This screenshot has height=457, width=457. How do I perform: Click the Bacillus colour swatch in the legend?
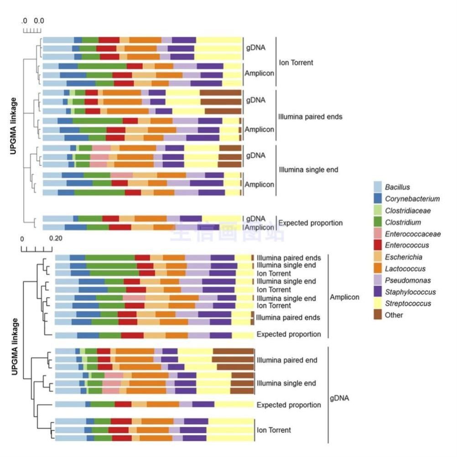point(378,187)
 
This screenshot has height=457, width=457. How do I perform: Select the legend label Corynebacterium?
point(412,199)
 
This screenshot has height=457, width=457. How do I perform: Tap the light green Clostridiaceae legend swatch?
point(378,211)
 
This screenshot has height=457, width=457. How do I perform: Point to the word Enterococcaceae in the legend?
point(413,234)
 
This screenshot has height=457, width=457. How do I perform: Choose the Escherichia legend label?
point(403,257)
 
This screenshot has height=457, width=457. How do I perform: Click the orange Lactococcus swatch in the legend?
point(378,269)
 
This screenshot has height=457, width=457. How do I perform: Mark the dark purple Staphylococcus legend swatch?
point(378,292)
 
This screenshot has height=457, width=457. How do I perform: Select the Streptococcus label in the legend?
point(408,304)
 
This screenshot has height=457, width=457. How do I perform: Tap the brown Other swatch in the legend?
point(378,315)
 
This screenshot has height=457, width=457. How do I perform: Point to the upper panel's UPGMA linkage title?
point(14,126)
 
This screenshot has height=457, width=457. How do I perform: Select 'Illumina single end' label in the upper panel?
point(308,170)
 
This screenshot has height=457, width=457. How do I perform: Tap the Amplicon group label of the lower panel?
point(344,297)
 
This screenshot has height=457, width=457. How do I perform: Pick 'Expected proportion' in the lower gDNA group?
point(289,405)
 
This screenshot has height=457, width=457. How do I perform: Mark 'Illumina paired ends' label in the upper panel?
point(310,117)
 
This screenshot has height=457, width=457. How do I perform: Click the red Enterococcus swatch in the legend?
point(378,245)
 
